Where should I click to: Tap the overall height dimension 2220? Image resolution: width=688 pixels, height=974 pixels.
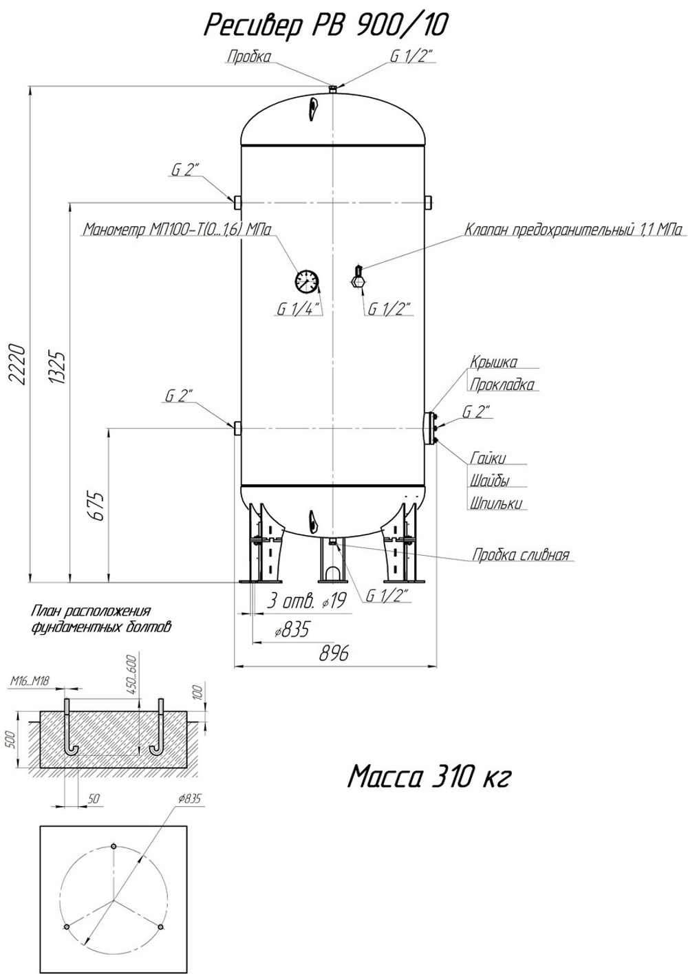click(x=17, y=365)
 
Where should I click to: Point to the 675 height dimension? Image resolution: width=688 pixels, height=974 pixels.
click(x=96, y=507)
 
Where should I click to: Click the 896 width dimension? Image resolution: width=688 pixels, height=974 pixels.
click(x=334, y=653)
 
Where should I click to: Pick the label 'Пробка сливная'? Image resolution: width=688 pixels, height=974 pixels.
click(x=521, y=555)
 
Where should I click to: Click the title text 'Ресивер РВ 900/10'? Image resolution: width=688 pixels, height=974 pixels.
click(x=325, y=26)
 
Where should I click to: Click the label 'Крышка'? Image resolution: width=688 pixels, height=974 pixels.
click(x=493, y=362)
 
